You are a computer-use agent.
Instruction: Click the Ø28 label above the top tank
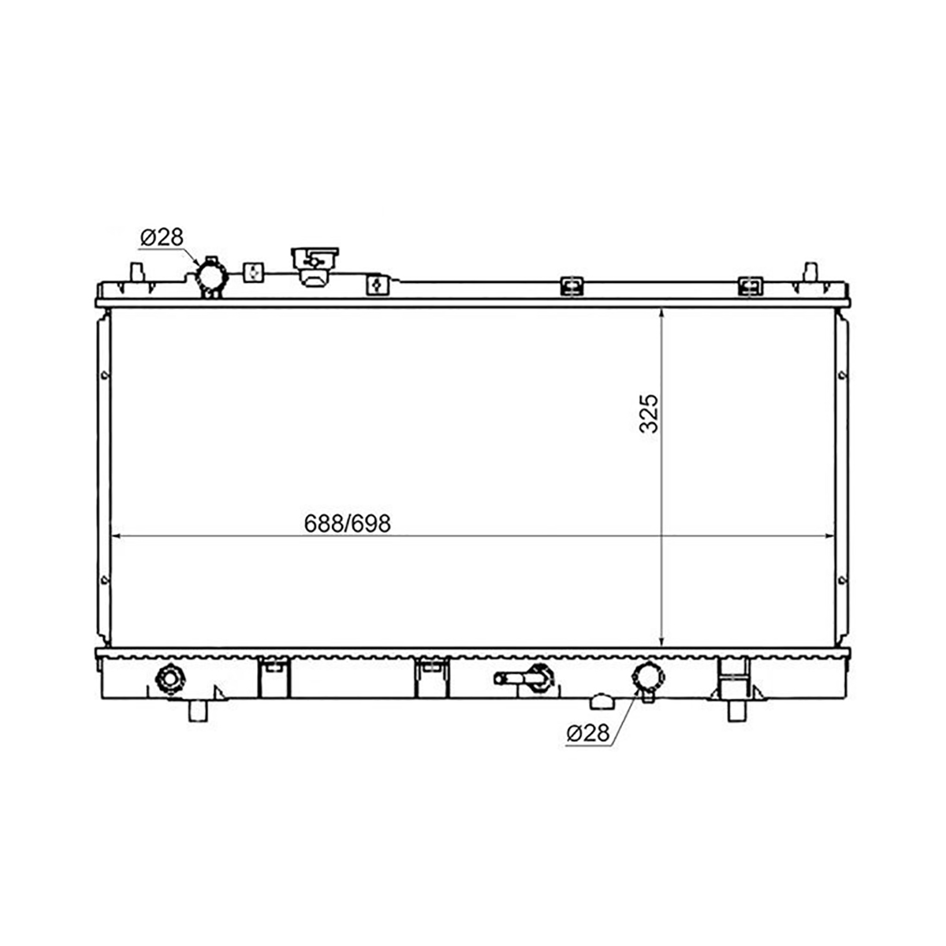162,237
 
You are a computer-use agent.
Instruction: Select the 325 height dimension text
649,413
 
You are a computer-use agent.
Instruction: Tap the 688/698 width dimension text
347,523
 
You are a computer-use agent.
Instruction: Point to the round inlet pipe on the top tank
211,277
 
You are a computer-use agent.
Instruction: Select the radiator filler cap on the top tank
315,266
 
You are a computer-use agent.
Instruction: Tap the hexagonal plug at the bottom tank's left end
170,680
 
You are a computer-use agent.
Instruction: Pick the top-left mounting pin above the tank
136,272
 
